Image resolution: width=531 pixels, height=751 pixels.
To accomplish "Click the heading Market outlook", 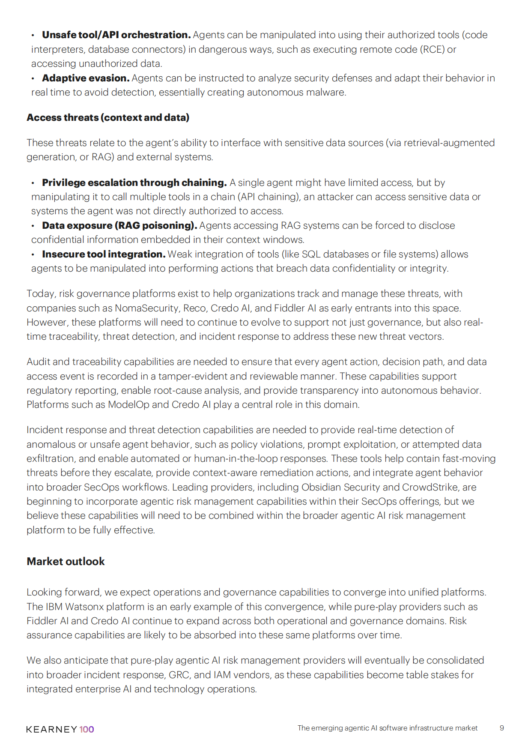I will pyautogui.click(x=66, y=561).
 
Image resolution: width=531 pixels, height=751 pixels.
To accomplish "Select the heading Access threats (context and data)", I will pyautogui.click(x=108, y=117).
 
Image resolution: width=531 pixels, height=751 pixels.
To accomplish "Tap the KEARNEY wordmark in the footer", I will pyautogui.click(x=51, y=729).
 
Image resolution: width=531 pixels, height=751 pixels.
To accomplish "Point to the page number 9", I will pyautogui.click(x=501, y=728).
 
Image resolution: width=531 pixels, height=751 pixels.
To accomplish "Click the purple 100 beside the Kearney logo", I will pyautogui.click(x=87, y=729).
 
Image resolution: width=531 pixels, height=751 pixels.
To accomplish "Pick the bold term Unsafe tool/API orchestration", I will pyautogui.click(x=116, y=35).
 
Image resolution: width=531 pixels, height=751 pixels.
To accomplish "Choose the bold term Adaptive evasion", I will pyautogui.click(x=86, y=78).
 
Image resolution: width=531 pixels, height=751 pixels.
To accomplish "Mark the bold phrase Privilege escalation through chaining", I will pyautogui.click(x=134, y=183).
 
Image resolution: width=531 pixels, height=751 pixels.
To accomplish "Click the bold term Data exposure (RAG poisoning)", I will pyautogui.click(x=119, y=225).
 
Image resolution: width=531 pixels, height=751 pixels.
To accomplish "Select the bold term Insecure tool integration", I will pyautogui.click(x=104, y=254).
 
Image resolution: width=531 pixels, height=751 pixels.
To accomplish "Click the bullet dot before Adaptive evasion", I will pyautogui.click(x=33, y=78).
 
